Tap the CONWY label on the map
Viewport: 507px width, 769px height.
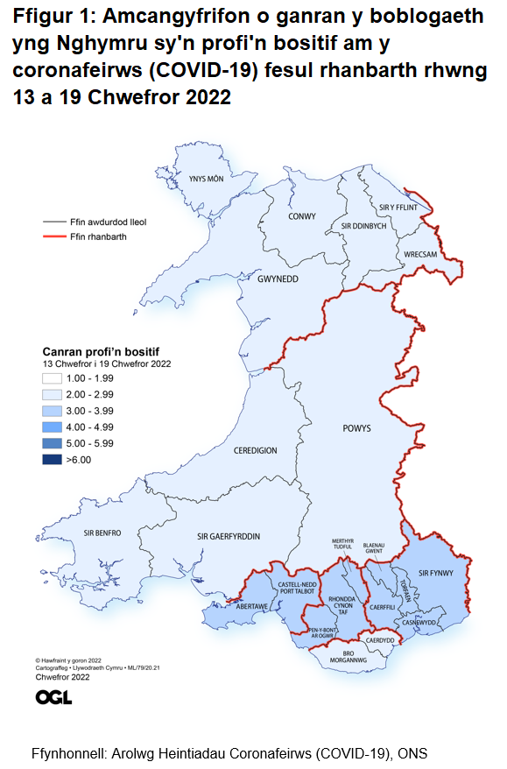pyautogui.click(x=302, y=216)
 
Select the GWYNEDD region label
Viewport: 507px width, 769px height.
pyautogui.click(x=278, y=279)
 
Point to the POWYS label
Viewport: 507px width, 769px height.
pyautogui.click(x=356, y=429)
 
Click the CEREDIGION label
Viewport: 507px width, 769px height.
pyautogui.click(x=256, y=450)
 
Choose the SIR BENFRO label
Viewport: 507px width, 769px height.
pyautogui.click(x=102, y=533)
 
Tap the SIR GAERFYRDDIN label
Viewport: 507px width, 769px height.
pyautogui.click(x=229, y=536)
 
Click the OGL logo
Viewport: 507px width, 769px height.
pyautogui.click(x=54, y=697)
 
